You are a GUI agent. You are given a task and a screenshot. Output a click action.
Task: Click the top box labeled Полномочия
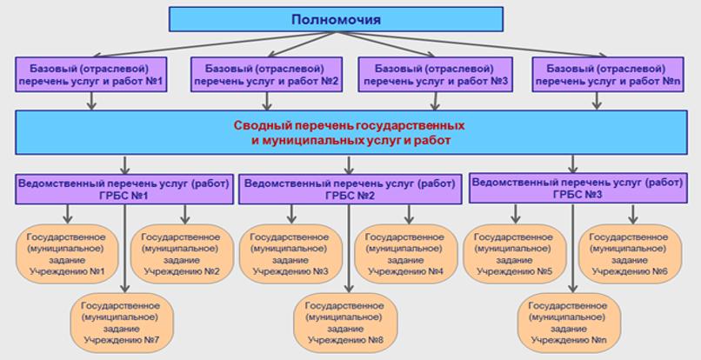pyautogui.click(x=336, y=19)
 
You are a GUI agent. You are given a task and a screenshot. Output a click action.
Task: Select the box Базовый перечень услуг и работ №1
pyautogui.click(x=90, y=75)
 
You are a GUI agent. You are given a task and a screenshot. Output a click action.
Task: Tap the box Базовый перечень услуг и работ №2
pyautogui.click(x=266, y=75)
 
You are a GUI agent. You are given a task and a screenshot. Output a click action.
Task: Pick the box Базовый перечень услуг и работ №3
pyautogui.click(x=433, y=75)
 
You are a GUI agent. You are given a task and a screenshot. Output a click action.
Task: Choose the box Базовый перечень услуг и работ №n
pyautogui.click(x=597, y=75)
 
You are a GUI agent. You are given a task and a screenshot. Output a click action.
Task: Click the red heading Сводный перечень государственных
pyautogui.click(x=349, y=125)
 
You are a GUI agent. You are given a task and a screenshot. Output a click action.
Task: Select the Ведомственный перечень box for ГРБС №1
pyautogui.click(x=124, y=189)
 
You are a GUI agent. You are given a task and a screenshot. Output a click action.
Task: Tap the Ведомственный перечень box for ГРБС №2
pyautogui.click(x=350, y=189)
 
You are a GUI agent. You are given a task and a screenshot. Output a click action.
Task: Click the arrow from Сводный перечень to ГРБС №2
pyautogui.click(x=350, y=164)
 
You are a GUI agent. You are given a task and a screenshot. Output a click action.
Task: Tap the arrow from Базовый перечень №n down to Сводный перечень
pyautogui.click(x=597, y=100)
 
